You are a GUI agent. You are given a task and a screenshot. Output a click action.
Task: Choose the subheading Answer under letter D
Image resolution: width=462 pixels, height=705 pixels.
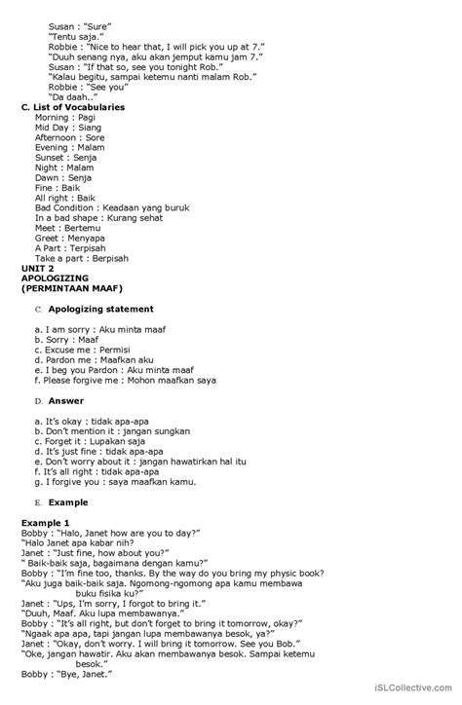[67, 400]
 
